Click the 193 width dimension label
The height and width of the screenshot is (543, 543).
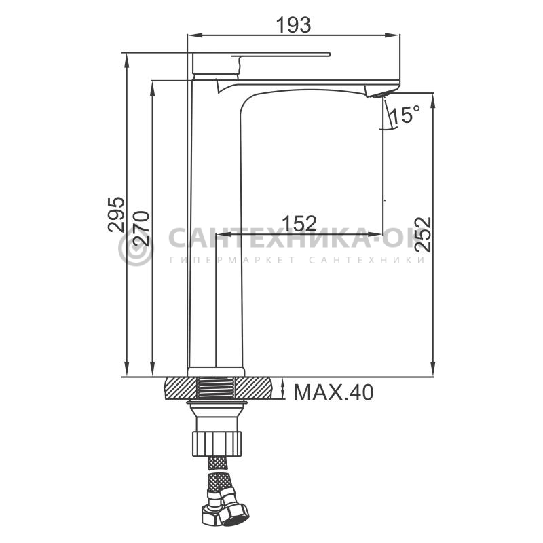293,25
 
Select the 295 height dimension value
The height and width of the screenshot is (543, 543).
116,214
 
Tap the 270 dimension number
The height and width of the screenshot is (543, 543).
141,229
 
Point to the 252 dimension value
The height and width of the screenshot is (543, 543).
422,234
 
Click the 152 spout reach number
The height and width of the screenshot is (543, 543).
299,223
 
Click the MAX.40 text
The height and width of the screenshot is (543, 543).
333,392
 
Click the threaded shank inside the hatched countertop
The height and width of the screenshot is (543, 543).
216,388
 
